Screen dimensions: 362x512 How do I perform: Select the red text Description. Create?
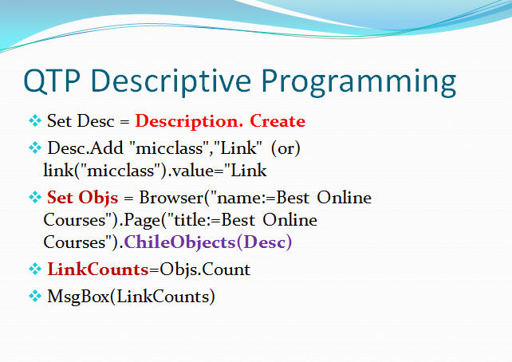coord(220,122)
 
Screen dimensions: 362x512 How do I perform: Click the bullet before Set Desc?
coord(34,122)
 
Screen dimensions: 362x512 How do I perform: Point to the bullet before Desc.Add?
coord(34,149)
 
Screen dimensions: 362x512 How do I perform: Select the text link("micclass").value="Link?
coord(155,170)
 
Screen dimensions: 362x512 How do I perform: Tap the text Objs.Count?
coord(205,270)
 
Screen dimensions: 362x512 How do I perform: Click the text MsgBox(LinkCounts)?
coord(131,297)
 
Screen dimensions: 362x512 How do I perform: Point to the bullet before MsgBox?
coord(34,297)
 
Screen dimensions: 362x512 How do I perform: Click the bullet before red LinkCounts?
coord(34,270)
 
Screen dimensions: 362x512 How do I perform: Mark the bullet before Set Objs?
coord(34,197)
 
